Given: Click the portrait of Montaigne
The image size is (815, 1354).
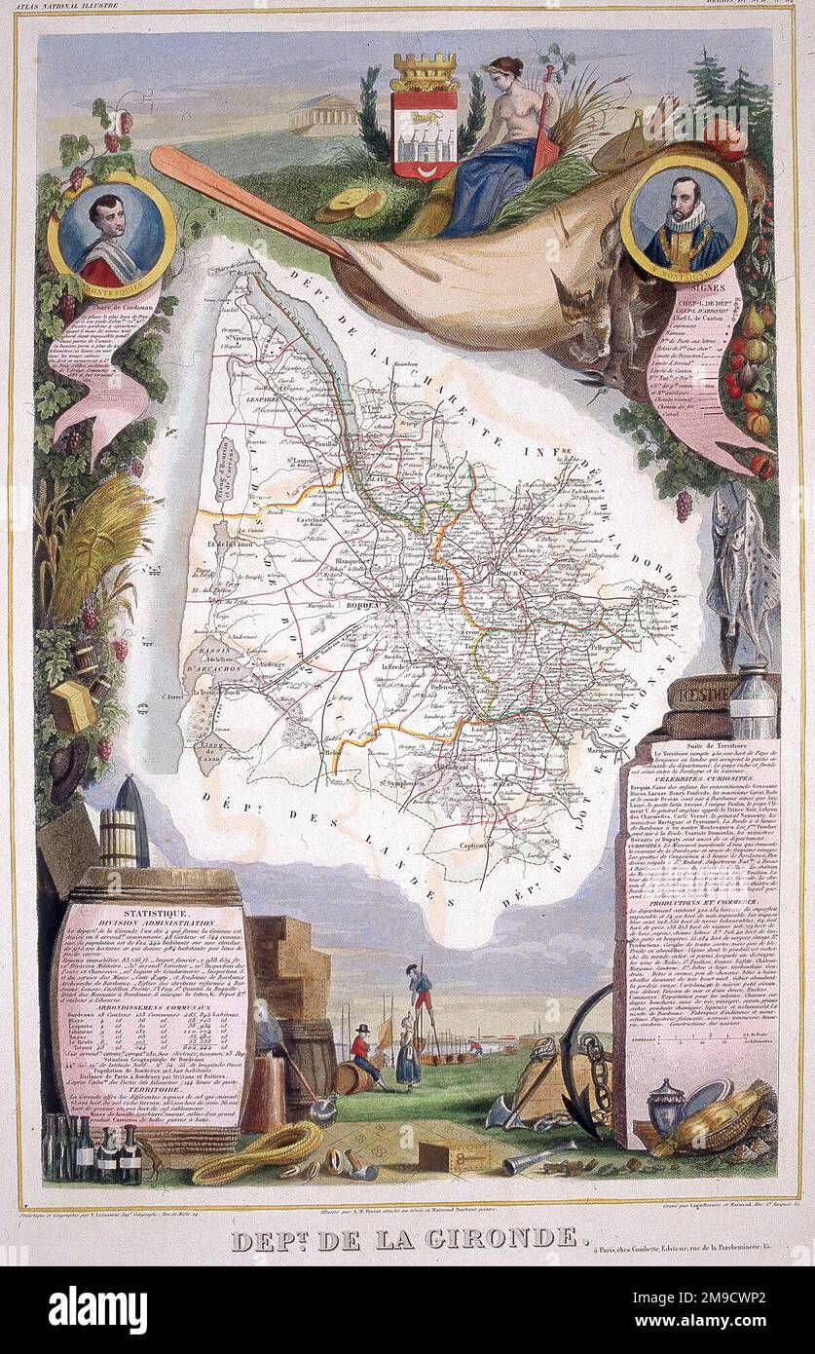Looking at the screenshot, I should coord(684,229).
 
